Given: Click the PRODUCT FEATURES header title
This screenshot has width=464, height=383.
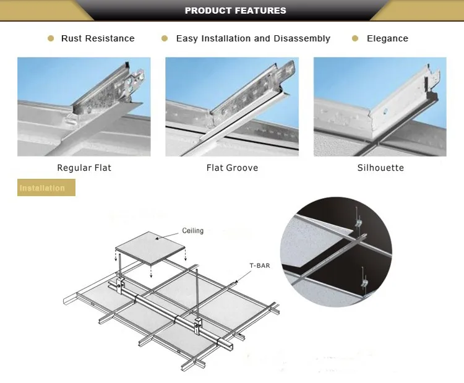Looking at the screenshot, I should (235, 11).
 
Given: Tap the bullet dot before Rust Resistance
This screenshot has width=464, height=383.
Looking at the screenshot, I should (51, 38).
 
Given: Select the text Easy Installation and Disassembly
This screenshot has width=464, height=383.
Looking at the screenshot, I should (253, 38).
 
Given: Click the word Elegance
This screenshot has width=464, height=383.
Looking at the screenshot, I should (387, 38).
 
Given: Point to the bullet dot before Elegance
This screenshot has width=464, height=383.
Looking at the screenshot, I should (355, 38).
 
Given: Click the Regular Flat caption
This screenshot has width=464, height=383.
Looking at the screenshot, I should (84, 168).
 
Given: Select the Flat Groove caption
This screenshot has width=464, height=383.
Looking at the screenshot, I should (232, 168).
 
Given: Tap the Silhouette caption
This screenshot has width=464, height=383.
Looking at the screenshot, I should (380, 168).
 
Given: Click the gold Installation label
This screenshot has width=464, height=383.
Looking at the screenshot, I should (46, 187).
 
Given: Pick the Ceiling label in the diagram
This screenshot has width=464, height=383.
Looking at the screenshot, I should (192, 231).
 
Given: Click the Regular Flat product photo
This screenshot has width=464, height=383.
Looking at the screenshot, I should (84, 106).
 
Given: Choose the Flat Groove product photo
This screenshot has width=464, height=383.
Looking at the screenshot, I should (232, 106).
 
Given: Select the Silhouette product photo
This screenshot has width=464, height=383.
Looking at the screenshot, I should (380, 106).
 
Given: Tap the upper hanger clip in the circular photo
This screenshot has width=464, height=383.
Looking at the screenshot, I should (358, 222).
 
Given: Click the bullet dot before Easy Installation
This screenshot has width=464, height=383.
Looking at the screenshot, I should (165, 38).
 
